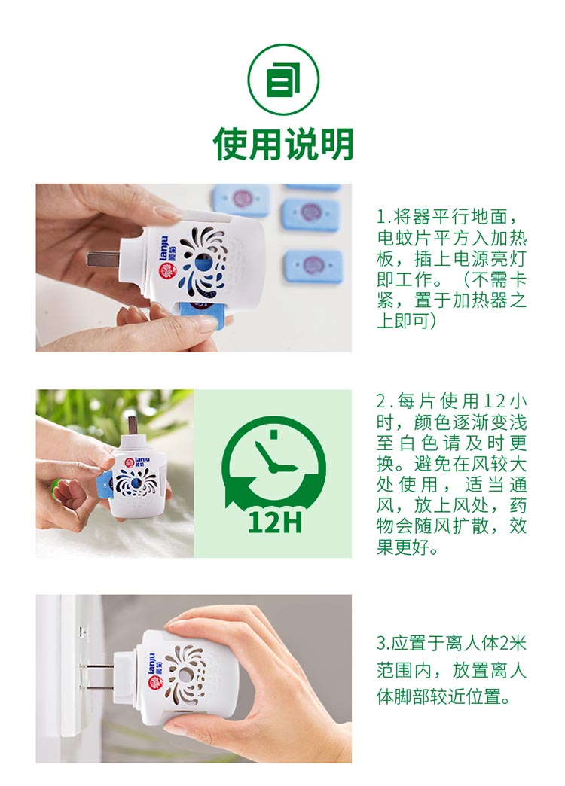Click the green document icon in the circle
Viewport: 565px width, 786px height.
click(x=283, y=80)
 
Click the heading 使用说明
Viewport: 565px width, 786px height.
click(x=283, y=144)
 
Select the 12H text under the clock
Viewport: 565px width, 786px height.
click(x=275, y=521)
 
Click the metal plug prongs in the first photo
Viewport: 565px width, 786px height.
click(x=103, y=259)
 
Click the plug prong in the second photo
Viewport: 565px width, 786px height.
click(x=133, y=426)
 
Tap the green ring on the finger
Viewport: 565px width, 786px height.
click(x=55, y=486)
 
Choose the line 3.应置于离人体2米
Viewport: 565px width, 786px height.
click(x=451, y=643)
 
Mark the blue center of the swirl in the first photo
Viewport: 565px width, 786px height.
click(x=202, y=263)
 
